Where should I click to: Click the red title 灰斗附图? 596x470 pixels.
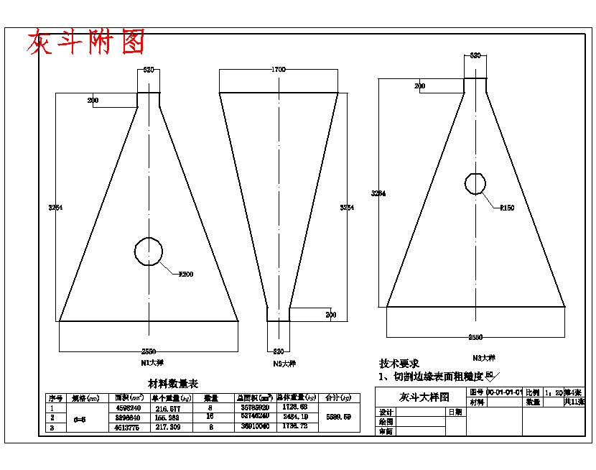point(85,43)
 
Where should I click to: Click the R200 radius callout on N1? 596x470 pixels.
point(185,274)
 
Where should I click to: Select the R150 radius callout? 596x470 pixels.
point(507,208)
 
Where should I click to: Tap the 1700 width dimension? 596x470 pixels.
point(279,70)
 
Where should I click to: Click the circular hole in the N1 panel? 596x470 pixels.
point(149,251)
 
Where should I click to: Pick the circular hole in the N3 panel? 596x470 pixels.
point(475,183)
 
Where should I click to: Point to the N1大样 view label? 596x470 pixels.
point(148,363)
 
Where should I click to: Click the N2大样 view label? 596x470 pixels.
point(284,364)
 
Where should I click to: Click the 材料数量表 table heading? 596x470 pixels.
point(173,384)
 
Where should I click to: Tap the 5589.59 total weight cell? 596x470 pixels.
point(338,417)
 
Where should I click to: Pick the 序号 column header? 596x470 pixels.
point(55,397)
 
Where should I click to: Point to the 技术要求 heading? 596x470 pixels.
point(399,364)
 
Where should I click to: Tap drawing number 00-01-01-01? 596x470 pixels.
point(503,393)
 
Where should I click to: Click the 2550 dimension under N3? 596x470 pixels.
point(475,337)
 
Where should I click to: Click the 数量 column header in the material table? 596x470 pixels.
point(210,397)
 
